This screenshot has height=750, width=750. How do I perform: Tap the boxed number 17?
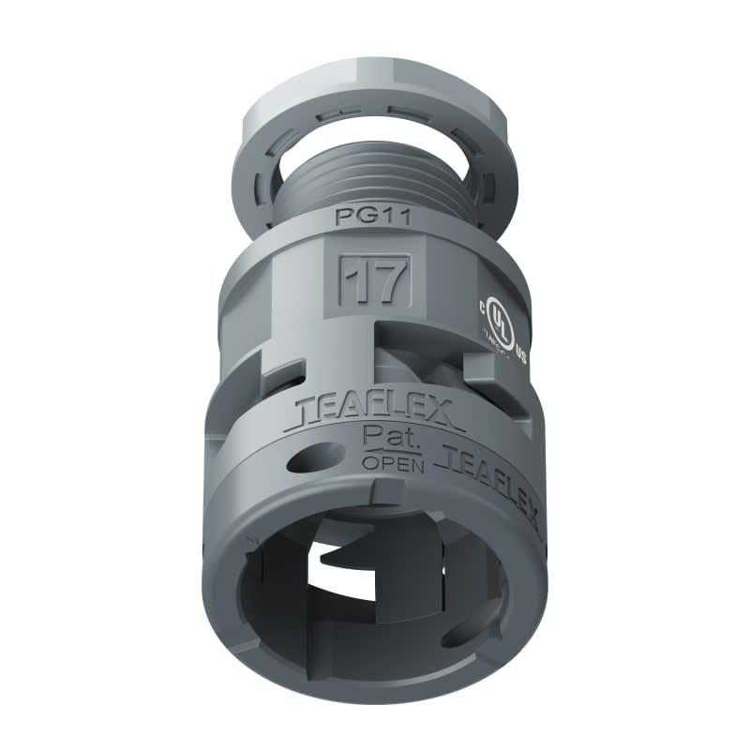click(373, 280)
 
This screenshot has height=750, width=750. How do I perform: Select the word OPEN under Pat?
click(393, 464)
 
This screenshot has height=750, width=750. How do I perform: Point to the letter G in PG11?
click(362, 217)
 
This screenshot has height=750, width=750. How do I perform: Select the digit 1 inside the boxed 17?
click(355, 280)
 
